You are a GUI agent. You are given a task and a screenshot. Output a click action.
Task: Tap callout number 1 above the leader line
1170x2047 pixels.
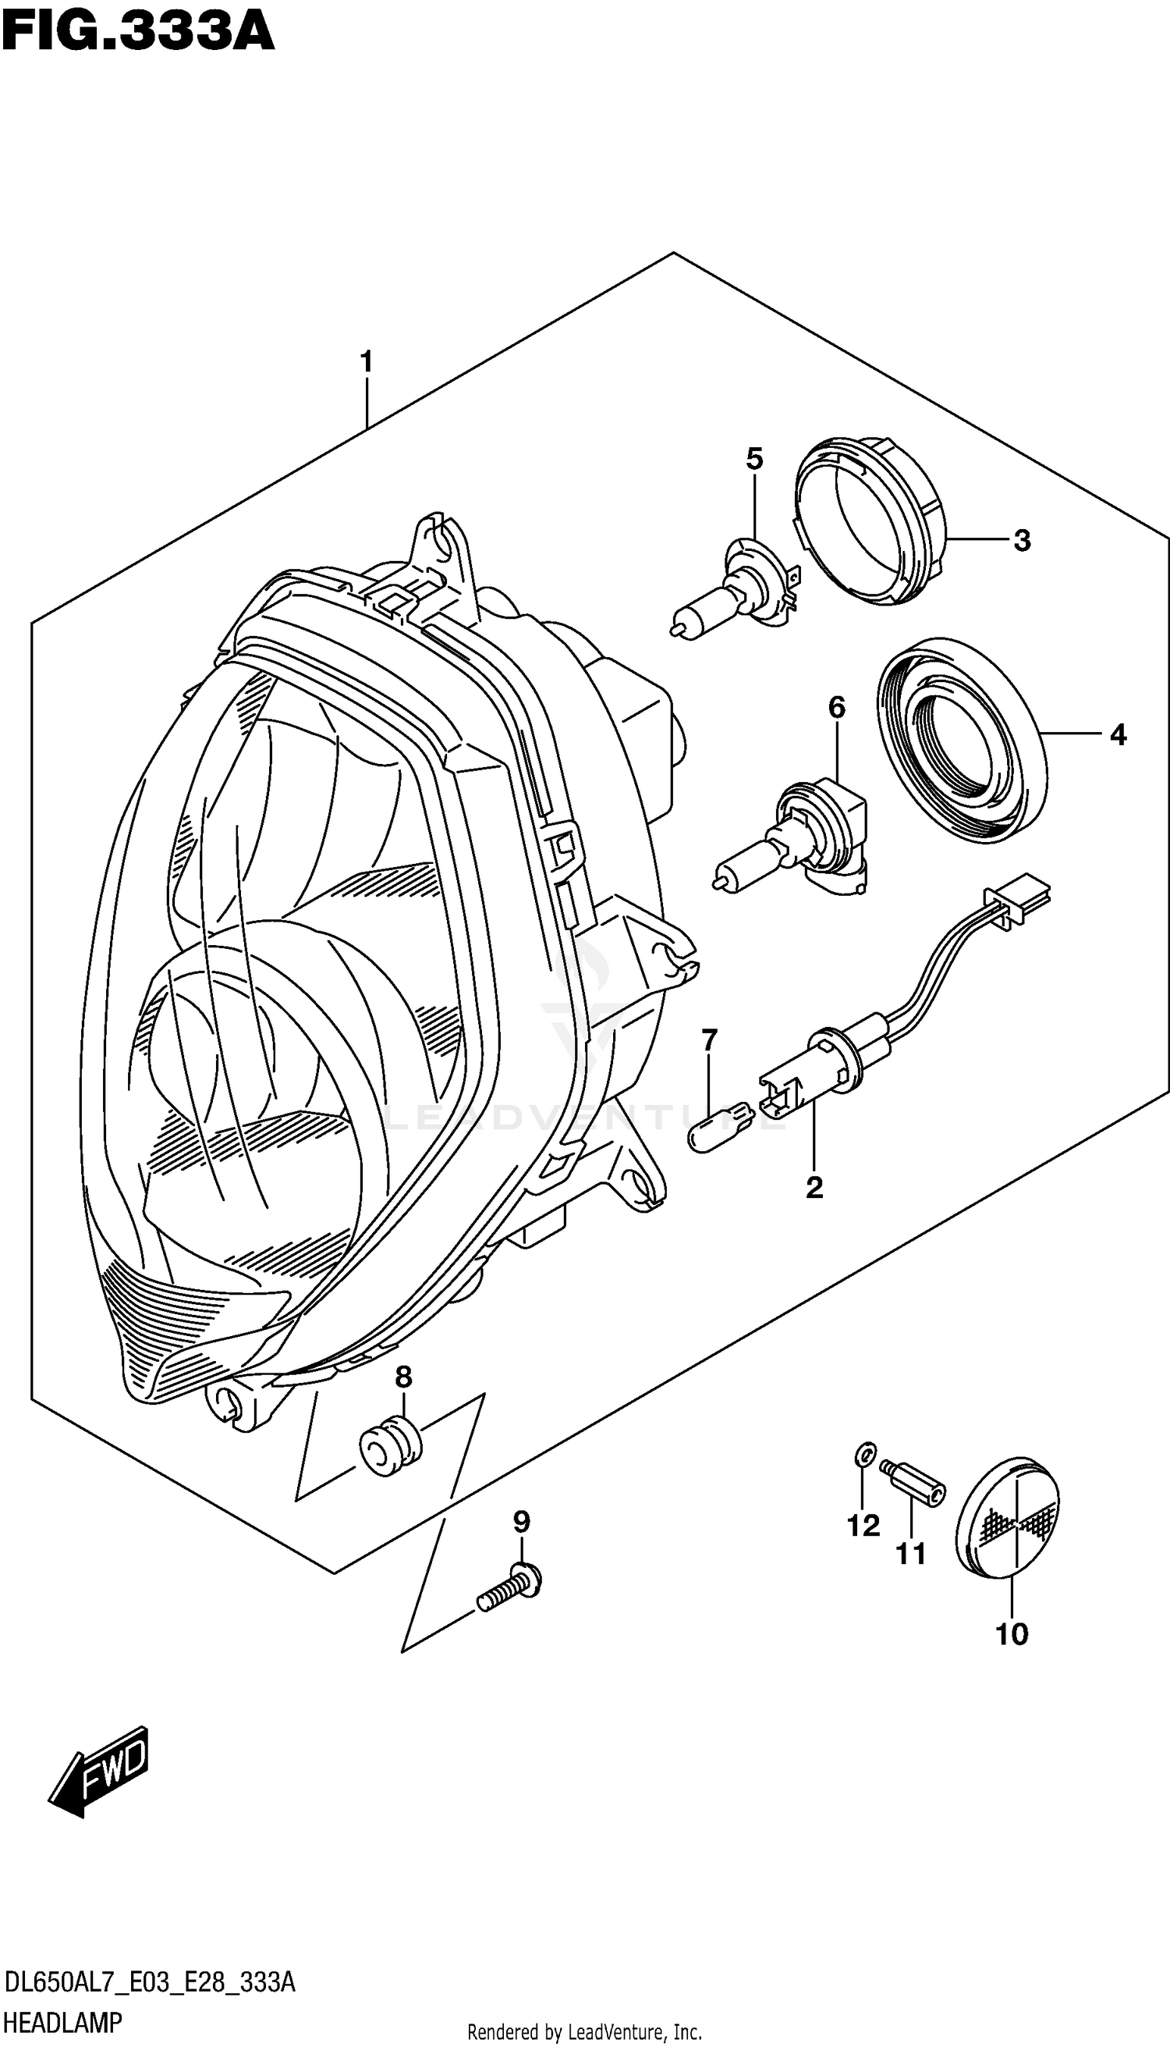coord(367,363)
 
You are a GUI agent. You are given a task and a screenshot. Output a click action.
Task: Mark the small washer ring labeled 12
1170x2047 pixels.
coord(861,1453)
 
